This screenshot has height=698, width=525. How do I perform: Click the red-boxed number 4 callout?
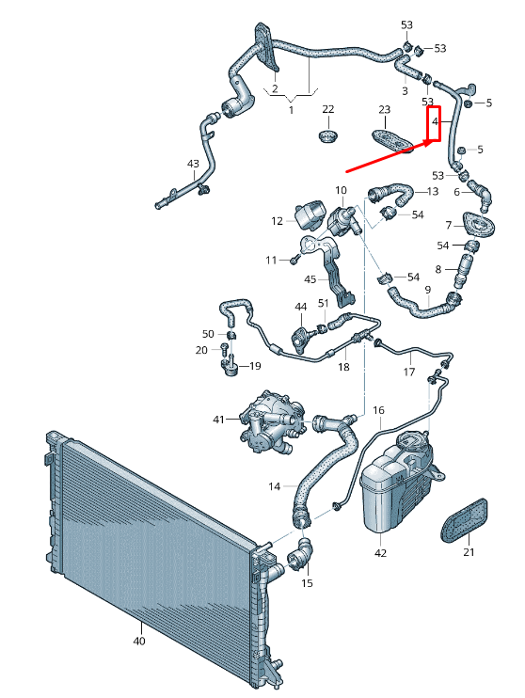click(435, 121)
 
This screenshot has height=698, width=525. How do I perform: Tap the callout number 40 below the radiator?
click(139, 641)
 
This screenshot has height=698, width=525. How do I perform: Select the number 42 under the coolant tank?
click(380, 553)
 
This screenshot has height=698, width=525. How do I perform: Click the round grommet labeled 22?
click(328, 135)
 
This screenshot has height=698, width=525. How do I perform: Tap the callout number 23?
click(384, 109)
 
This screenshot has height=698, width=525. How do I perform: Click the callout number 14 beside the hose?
click(275, 486)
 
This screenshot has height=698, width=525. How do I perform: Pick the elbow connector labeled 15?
click(300, 555)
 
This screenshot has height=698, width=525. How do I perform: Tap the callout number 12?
click(277, 221)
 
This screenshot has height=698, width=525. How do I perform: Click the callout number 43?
click(193, 164)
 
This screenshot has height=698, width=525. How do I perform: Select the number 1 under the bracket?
click(292, 109)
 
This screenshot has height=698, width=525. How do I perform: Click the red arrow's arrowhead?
click(431, 143)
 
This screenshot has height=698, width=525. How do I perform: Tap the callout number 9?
click(428, 290)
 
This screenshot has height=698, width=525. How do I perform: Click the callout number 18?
click(343, 367)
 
